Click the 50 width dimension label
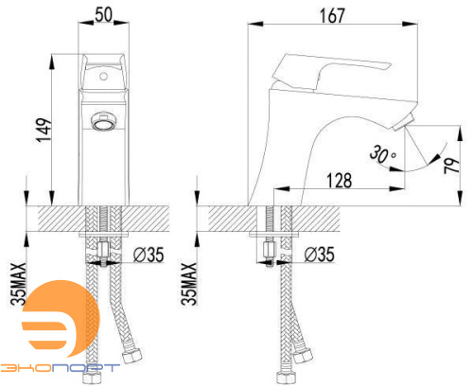click(x=103, y=14)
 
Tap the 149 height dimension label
click(x=44, y=130)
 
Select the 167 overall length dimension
click(x=332, y=16)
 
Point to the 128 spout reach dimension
click(x=339, y=181)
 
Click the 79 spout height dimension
click(x=451, y=165)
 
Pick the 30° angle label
click(x=383, y=154)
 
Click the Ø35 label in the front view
click(x=149, y=255)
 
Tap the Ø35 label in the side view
click(x=319, y=255)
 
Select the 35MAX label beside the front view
click(x=18, y=284)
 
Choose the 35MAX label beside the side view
click(x=188, y=284)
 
